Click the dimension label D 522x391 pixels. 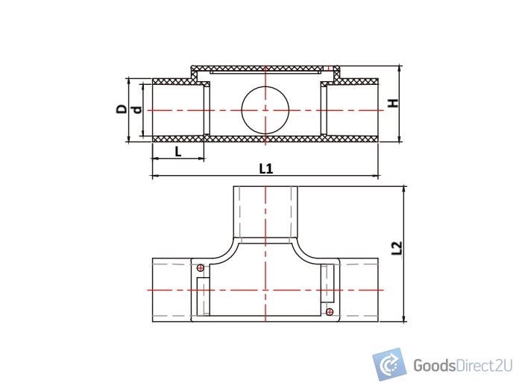(121, 109)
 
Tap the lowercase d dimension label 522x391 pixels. (136, 109)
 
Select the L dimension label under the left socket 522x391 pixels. (177, 151)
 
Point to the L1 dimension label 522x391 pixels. (265, 168)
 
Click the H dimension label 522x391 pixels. (393, 104)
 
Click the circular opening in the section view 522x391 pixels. (265, 109)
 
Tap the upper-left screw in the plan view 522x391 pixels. (200, 267)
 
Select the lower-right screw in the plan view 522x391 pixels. (330, 311)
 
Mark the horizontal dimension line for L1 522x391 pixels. (265, 177)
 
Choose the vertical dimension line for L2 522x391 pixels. (405, 253)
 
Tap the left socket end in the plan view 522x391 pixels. (172, 290)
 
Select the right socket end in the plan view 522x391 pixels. (359, 290)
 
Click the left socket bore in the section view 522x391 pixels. (179, 109)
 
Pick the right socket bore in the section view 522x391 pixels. (352, 109)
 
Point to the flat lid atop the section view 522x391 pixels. (265, 69)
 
